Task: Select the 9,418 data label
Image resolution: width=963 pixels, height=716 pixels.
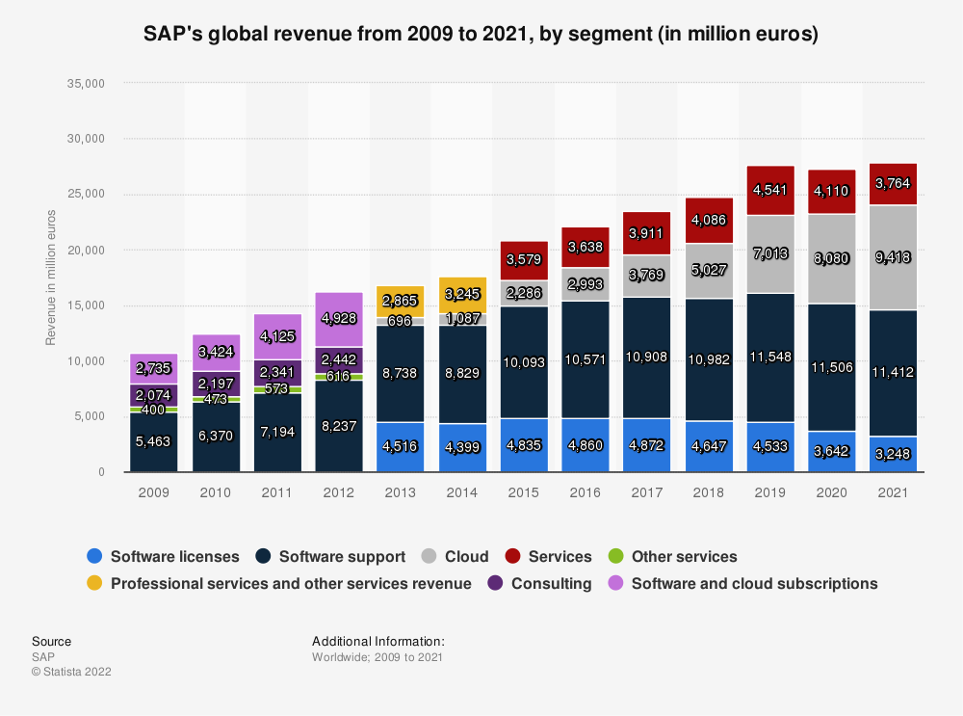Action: coord(893,257)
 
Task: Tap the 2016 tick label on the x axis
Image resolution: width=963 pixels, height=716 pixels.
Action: coord(585,491)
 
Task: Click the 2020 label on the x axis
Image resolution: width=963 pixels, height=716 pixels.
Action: coord(831,491)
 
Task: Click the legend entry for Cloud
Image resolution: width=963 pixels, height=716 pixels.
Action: coord(455,557)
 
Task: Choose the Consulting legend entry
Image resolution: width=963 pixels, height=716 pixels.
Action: coord(540,584)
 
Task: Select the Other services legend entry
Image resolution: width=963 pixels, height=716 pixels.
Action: coord(674,557)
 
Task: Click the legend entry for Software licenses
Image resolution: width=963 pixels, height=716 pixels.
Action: coord(165,557)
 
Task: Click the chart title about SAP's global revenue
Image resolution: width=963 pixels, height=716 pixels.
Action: coord(481,35)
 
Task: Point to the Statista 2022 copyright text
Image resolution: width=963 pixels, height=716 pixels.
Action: coord(71,672)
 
